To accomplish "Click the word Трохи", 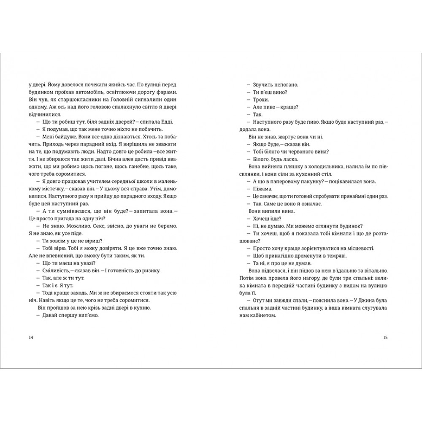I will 258,100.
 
